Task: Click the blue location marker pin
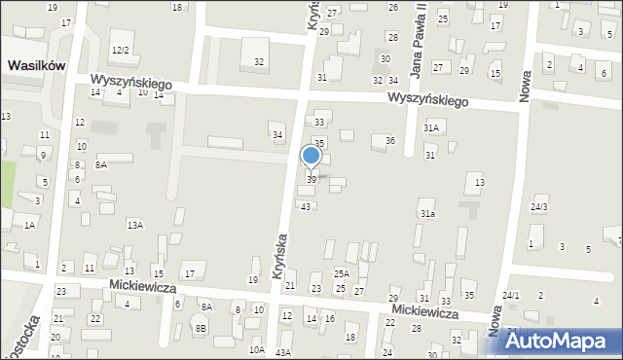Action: point(311,157)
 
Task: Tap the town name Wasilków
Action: point(37,65)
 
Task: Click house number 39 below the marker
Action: point(311,179)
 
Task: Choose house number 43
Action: point(307,206)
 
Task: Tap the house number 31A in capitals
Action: point(431,127)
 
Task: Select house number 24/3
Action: point(538,206)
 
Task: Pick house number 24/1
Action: point(511,295)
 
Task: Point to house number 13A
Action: point(134,225)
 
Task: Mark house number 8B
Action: point(201,329)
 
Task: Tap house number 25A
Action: point(341,274)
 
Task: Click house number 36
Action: point(389,140)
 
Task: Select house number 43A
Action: point(283,351)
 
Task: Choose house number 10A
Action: point(256,348)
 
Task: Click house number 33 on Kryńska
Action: point(319,122)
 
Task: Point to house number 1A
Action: point(29,225)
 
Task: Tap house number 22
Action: point(94,318)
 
